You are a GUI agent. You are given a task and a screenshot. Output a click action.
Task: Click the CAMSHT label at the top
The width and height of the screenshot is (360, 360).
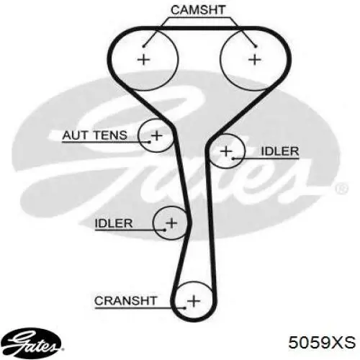point(198,10)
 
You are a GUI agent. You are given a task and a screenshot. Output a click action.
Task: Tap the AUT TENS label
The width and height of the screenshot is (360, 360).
point(94,135)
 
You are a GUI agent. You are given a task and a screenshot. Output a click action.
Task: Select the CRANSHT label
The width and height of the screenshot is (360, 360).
point(125,301)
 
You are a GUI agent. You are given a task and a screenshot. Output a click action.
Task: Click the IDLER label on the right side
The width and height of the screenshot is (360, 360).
point(280,151)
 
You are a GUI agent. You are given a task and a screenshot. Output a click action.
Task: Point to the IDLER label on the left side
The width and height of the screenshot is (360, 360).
point(114,223)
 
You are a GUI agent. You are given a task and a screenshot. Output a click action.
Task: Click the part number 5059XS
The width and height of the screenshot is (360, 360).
point(322,342)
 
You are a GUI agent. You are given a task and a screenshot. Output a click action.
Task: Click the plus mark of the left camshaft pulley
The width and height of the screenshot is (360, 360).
point(143,59)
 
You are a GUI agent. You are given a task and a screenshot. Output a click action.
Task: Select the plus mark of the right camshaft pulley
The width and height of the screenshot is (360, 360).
point(255,59)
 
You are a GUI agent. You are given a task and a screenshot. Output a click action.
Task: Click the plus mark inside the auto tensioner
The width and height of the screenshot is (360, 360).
point(157,135)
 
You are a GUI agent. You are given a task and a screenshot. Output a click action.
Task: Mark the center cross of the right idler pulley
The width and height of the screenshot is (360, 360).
point(226,151)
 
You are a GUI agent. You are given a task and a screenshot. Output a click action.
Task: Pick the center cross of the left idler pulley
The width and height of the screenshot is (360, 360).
point(171,223)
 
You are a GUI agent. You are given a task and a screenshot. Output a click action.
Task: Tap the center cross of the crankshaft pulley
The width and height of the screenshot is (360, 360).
point(194,300)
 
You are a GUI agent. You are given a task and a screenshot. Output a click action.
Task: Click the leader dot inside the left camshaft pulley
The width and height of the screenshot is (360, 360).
point(143,46)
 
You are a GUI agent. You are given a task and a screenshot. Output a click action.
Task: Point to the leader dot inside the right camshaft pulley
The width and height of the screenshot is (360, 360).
point(256,46)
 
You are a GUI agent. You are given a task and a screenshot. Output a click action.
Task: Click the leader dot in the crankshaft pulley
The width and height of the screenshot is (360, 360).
point(184,308)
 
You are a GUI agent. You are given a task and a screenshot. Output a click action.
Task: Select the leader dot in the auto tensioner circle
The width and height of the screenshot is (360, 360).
point(150,142)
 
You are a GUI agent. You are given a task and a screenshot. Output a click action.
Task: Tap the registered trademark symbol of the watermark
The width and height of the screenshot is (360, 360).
point(341,188)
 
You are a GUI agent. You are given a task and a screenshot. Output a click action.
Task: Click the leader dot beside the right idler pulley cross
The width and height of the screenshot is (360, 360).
point(233,158)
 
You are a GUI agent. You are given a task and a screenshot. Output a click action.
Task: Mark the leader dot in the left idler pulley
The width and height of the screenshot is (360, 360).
point(165,230)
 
